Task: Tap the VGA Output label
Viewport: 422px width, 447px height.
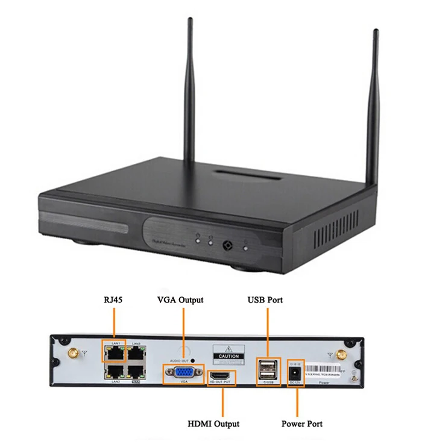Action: coord(180,299)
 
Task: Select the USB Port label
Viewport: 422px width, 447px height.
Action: coord(265,299)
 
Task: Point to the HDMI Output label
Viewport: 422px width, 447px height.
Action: coord(215,424)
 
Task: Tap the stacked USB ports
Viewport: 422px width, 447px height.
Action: coord(268,367)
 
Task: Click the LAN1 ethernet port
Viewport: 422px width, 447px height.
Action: coord(113,352)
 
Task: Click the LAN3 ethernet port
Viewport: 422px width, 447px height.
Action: coord(136,352)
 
